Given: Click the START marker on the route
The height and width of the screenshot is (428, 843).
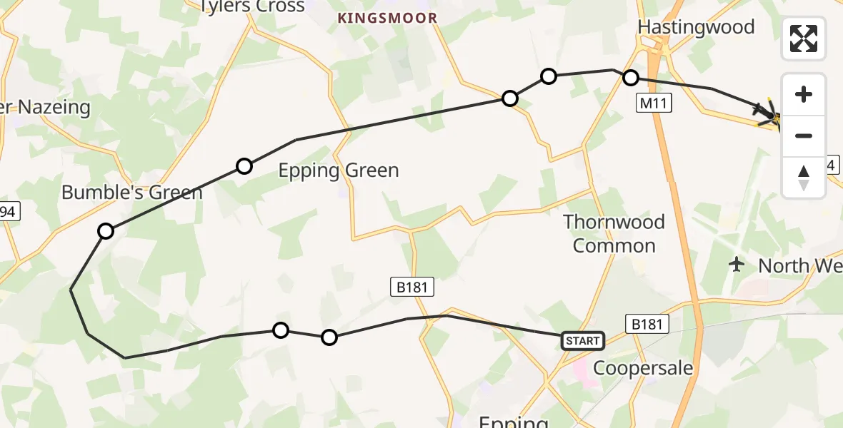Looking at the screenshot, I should click(582, 341).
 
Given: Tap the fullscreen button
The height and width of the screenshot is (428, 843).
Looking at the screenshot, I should click(804, 39).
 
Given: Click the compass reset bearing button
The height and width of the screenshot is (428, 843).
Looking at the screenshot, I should click(804, 178).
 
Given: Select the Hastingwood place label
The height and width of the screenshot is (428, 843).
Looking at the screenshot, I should click(696, 27).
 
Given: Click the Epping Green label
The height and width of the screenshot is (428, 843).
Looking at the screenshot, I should click(339, 170).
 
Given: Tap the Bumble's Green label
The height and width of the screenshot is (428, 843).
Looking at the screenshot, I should click(132, 192).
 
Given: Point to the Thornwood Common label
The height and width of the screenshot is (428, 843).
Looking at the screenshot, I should click(614, 233).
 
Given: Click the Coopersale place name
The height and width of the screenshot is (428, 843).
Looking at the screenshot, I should click(644, 368).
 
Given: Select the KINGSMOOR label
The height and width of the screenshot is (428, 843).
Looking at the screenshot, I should click(386, 18).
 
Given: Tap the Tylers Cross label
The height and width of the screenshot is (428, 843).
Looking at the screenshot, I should click(251, 7).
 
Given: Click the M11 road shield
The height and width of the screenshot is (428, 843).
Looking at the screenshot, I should click(654, 104).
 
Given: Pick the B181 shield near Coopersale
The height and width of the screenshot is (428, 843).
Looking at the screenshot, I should click(647, 324).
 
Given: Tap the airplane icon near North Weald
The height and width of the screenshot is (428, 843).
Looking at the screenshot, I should click(737, 265).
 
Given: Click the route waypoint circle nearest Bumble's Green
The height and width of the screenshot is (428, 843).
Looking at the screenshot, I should click(106, 231).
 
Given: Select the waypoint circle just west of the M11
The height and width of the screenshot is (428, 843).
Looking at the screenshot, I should click(630, 77).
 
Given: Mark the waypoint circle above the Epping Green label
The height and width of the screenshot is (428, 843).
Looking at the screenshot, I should click(244, 166).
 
